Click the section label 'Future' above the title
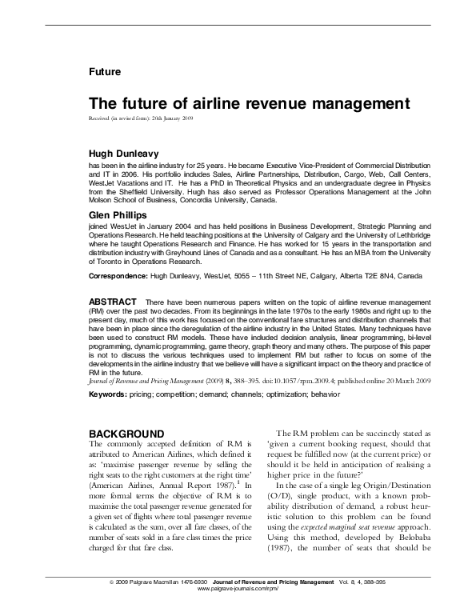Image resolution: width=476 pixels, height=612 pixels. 104,71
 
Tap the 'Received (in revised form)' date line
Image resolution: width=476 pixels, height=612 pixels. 141,118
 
